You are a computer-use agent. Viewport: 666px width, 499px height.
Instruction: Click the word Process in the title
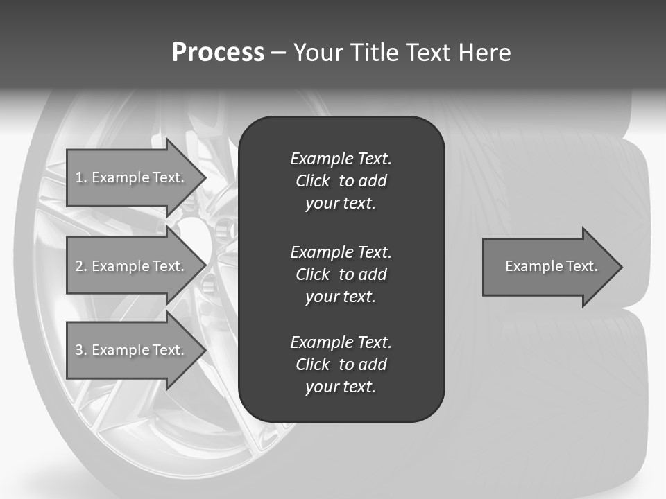pyautogui.click(x=218, y=53)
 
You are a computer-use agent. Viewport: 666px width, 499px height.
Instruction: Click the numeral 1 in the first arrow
pyautogui.click(x=79, y=177)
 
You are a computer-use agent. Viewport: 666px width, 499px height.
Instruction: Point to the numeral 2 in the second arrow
pyautogui.click(x=79, y=266)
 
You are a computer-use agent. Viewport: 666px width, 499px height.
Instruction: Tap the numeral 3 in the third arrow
pyautogui.click(x=79, y=350)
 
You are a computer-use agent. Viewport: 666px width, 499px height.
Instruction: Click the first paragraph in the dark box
pyautogui.click(x=341, y=181)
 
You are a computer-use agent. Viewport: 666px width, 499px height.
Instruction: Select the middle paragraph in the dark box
pyautogui.click(x=341, y=274)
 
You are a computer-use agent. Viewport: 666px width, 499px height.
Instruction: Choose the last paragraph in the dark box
pyautogui.click(x=341, y=365)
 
